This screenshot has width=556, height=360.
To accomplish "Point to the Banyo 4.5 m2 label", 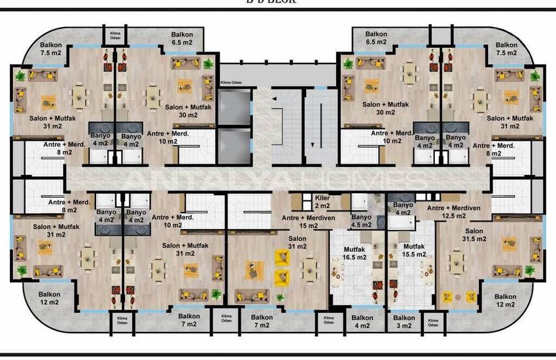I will [x=361, y=221].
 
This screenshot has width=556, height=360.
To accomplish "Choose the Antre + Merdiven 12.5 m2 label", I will [x=453, y=211].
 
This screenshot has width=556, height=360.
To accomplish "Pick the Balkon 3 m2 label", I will [x=404, y=321].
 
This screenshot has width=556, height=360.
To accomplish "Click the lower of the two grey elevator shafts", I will [x=234, y=144].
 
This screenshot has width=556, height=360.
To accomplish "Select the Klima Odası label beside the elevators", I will [x=232, y=82].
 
